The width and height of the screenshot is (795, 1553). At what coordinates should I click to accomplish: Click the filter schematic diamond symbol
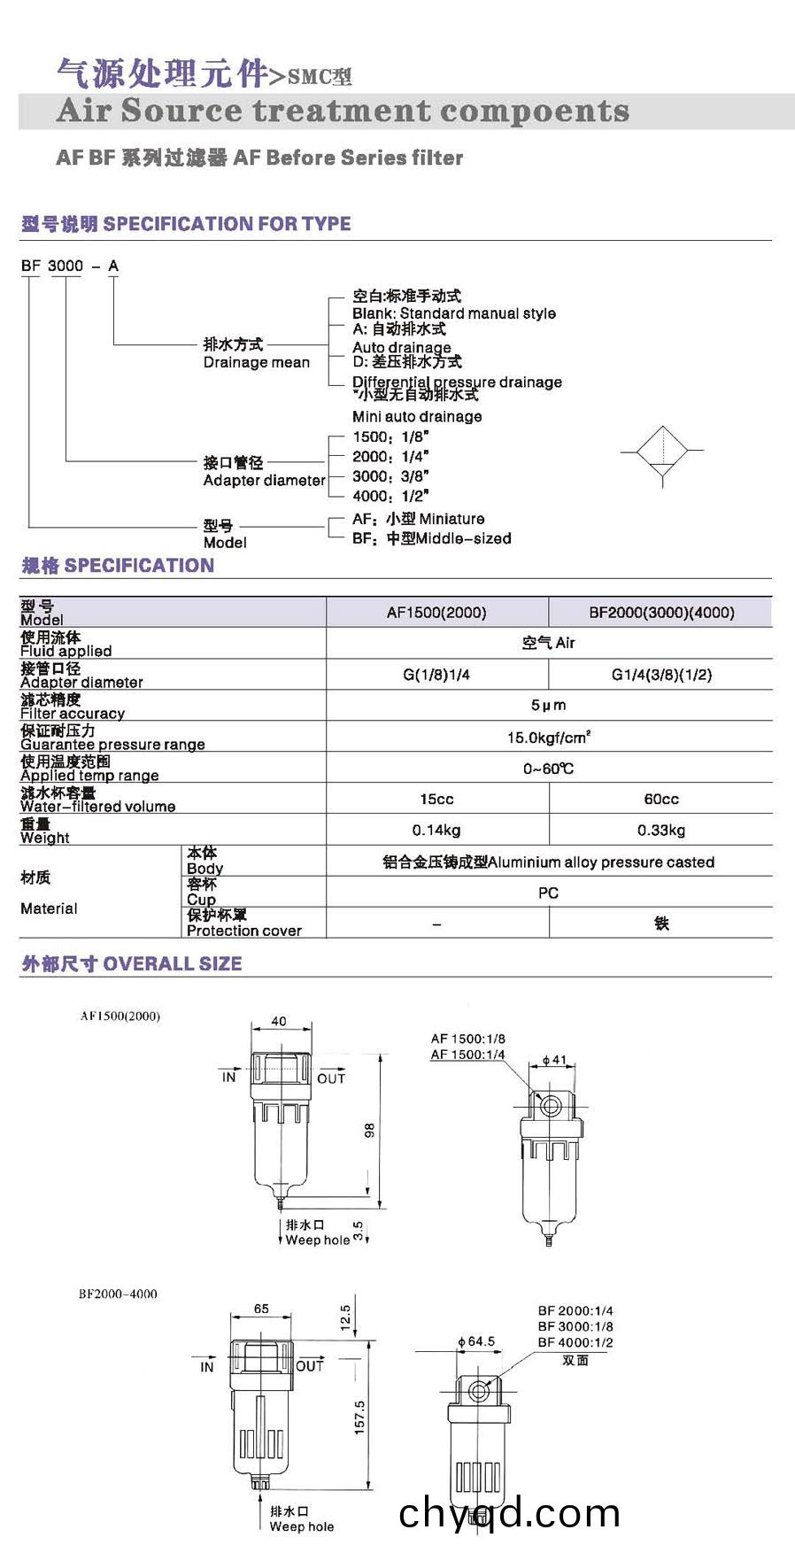click(663, 452)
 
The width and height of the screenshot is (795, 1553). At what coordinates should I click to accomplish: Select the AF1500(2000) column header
click(436, 612)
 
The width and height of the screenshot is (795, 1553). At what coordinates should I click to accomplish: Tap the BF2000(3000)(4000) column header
click(661, 612)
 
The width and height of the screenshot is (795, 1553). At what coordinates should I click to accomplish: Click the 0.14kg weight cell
click(436, 830)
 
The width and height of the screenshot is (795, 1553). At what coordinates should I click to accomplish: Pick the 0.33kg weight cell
click(661, 830)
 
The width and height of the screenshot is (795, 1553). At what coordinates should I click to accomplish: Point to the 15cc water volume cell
click(436, 799)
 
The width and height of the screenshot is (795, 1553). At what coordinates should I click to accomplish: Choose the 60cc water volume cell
click(661, 799)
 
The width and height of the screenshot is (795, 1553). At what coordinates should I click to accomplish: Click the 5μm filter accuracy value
click(549, 705)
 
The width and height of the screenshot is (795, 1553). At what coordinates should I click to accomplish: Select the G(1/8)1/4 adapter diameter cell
click(436, 675)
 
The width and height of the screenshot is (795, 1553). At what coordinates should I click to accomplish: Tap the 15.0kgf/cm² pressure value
click(549, 737)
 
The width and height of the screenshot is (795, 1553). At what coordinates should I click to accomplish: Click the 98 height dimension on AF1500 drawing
click(370, 1130)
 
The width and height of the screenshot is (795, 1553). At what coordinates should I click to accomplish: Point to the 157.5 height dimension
click(359, 1418)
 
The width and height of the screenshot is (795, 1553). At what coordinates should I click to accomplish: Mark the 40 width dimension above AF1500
click(279, 1021)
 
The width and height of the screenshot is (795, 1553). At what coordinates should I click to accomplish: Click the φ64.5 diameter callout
click(477, 1341)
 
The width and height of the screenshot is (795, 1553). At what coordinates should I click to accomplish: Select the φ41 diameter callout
click(554, 1059)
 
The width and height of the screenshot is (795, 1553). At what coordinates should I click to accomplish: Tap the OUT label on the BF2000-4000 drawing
click(310, 1366)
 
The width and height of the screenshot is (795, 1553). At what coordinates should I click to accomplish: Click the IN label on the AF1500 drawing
click(228, 1078)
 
